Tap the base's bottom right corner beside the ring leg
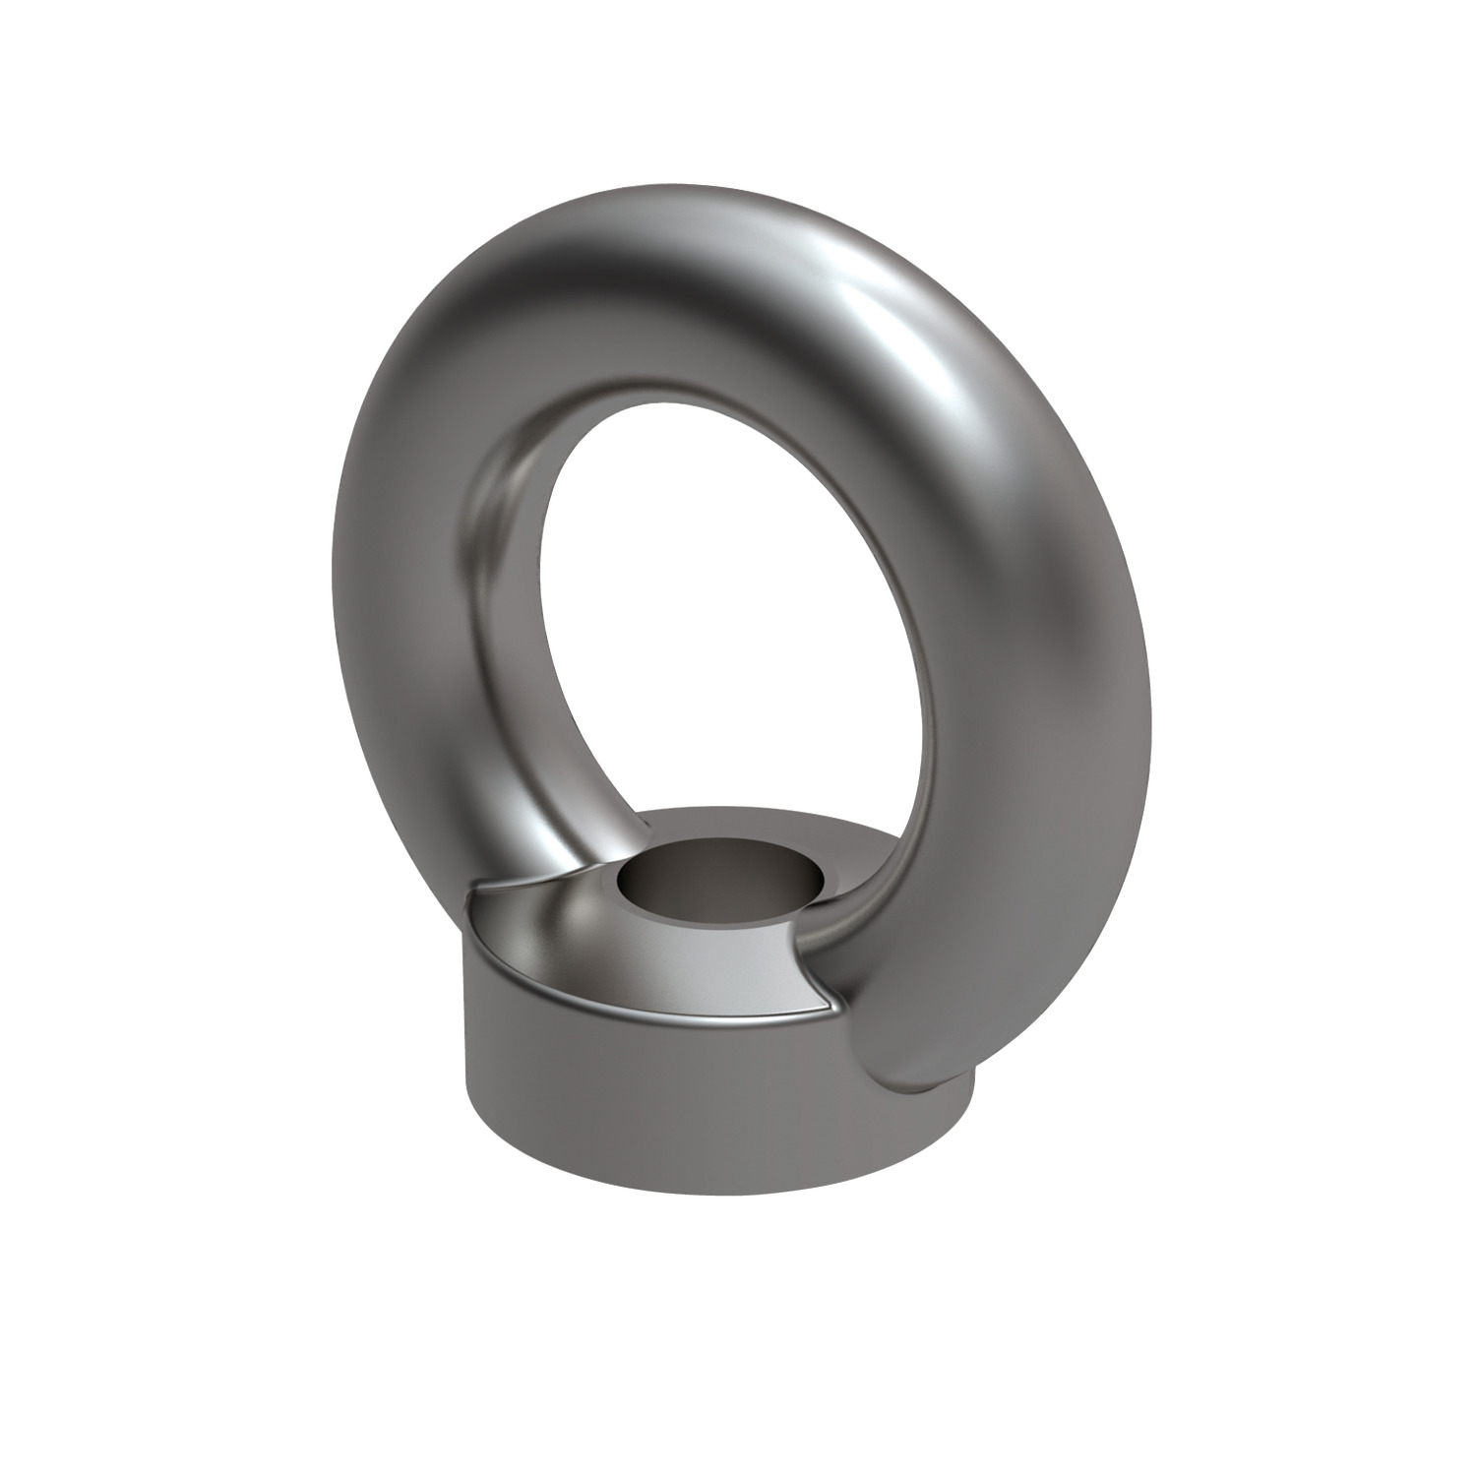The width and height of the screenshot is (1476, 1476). pos(969,1112)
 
